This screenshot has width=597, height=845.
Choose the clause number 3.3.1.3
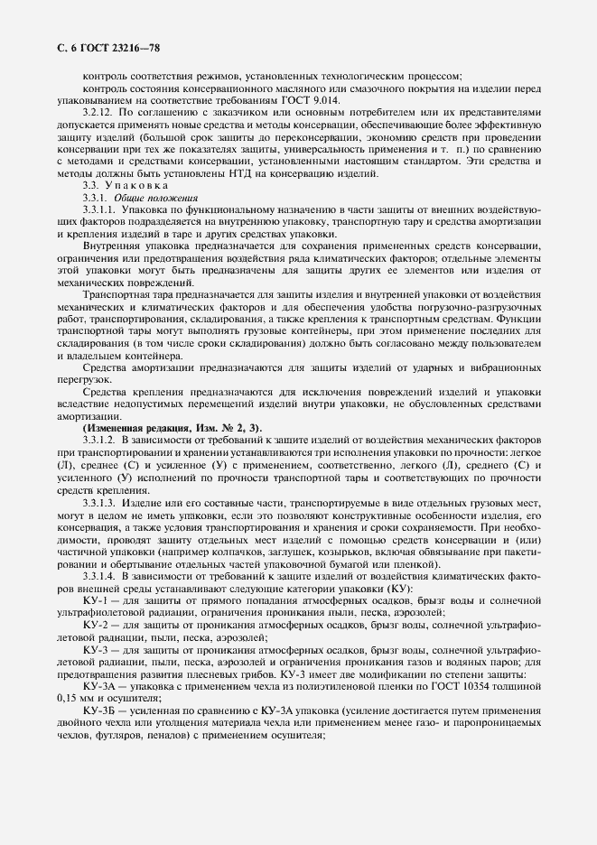tap(100, 501)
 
